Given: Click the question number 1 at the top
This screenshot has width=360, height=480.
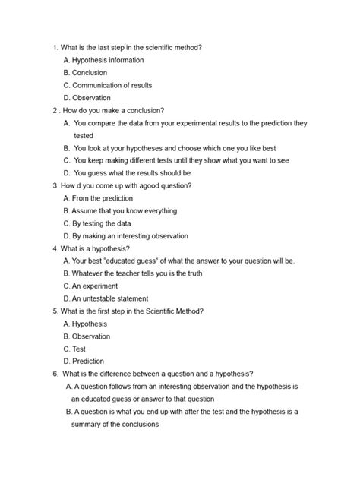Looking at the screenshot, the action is point(55,47).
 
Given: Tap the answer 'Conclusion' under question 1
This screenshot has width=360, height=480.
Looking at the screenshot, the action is point(90,73).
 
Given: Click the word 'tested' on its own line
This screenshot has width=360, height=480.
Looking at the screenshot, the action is point(84,135).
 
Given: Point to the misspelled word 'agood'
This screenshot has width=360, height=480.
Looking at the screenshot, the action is point(147,185).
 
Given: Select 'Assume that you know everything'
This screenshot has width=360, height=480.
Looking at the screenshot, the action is point(125,210).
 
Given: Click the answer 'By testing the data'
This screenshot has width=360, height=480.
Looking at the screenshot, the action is point(103,223).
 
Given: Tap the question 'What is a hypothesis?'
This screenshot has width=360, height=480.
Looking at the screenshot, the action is point(95,248).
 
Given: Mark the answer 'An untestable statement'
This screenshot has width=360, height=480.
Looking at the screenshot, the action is point(110,298).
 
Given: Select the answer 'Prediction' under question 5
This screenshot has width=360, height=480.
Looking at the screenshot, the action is point(88,361).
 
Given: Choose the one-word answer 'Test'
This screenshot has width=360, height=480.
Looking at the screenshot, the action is point(79,349).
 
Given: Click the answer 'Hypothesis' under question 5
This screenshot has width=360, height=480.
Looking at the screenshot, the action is point(90,324).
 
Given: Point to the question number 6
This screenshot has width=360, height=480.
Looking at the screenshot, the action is point(55,373).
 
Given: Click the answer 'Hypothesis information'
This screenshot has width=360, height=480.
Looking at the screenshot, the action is point(106,60).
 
